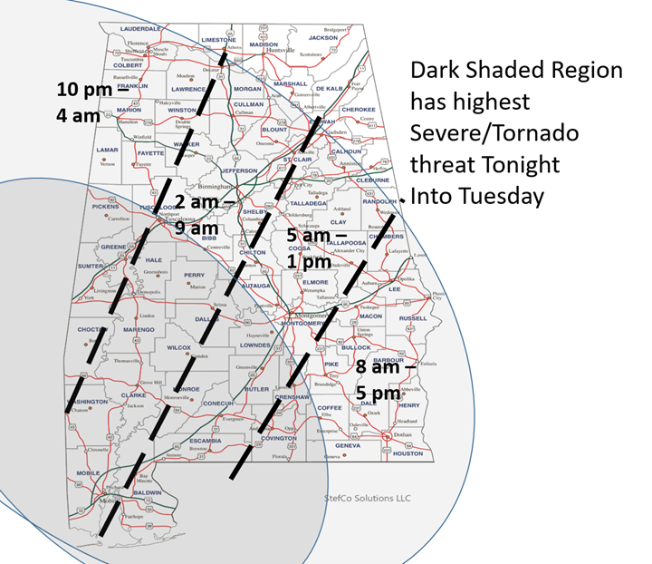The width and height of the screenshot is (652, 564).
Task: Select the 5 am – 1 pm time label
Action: click(x=303, y=248)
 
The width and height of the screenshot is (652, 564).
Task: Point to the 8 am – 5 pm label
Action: click(x=383, y=381)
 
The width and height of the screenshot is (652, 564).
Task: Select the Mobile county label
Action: click(x=88, y=472)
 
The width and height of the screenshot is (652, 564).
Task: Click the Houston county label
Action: click(x=408, y=452)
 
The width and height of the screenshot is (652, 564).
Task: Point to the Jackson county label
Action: click(x=322, y=38)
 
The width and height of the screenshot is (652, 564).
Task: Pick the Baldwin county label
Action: click(x=147, y=492)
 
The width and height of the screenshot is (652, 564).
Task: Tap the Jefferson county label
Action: click(x=239, y=170)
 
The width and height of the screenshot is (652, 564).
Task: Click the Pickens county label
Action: click(x=106, y=207)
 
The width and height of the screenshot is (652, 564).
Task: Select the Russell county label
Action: click(x=412, y=318)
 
